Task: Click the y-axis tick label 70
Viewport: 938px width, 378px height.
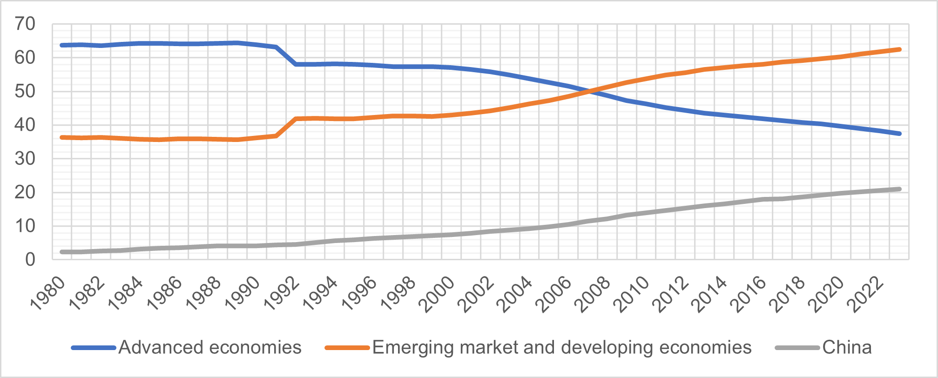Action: click(25, 24)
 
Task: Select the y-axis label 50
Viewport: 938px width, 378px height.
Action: click(25, 91)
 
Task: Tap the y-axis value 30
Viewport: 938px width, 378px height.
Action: click(25, 159)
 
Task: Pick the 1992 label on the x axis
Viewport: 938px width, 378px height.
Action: click(281, 293)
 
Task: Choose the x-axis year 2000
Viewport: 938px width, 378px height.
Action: click(437, 293)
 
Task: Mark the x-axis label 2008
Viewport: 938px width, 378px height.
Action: click(592, 293)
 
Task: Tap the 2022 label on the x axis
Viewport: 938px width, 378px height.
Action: click(865, 293)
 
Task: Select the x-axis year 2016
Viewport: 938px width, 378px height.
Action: click(748, 293)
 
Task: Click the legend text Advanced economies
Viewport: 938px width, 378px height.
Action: click(210, 348)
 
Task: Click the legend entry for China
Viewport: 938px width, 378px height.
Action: click(847, 348)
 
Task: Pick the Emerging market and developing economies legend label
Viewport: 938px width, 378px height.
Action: click(562, 348)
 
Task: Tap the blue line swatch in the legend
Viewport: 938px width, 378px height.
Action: click(93, 348)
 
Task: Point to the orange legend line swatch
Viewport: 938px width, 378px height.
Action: click(347, 348)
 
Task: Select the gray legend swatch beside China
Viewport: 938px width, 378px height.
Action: click(797, 348)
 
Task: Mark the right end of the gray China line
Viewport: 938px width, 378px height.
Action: click(899, 189)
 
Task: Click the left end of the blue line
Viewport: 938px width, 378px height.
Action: click(62, 45)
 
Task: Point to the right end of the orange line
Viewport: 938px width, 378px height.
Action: click(899, 49)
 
